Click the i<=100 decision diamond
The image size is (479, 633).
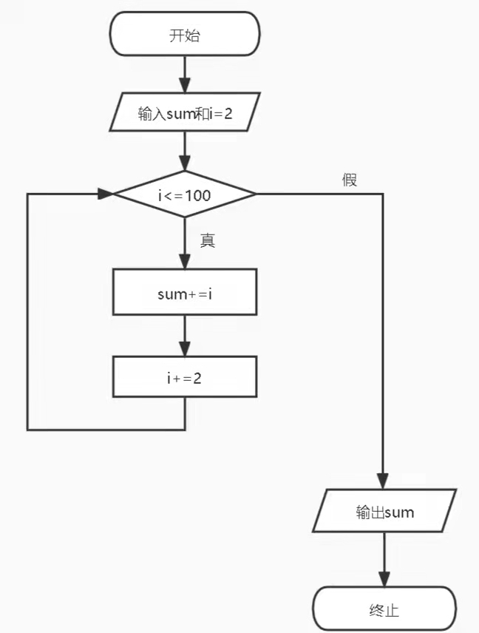(184, 195)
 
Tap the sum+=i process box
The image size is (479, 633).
(184, 293)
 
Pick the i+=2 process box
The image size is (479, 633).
(184, 378)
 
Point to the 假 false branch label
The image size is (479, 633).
(350, 180)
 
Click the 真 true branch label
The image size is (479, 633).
(208, 240)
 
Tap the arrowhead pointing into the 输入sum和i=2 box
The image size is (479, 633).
(184, 85)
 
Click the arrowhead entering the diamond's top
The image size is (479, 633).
(184, 164)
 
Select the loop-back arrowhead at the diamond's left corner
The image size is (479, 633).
(104, 194)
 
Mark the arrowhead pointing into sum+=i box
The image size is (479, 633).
(184, 263)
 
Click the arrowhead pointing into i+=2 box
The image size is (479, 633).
(184, 348)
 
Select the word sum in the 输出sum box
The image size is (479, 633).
(399, 512)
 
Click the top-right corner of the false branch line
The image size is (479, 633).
(384, 194)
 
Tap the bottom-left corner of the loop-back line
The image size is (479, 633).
(28, 429)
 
